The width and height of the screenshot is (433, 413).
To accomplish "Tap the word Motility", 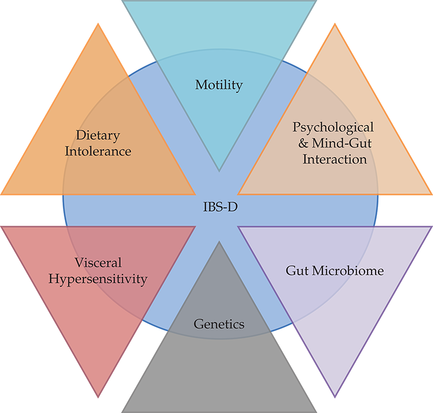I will pyautogui.click(x=219, y=85).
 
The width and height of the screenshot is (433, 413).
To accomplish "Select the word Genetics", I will pyautogui.click(x=219, y=324).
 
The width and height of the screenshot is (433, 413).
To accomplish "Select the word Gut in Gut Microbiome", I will pyautogui.click(x=295, y=269).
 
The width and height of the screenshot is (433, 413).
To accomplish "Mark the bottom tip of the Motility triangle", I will pyautogui.click(x=219, y=170).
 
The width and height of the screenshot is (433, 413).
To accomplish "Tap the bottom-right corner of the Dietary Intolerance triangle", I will pyautogui.click(x=195, y=194).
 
